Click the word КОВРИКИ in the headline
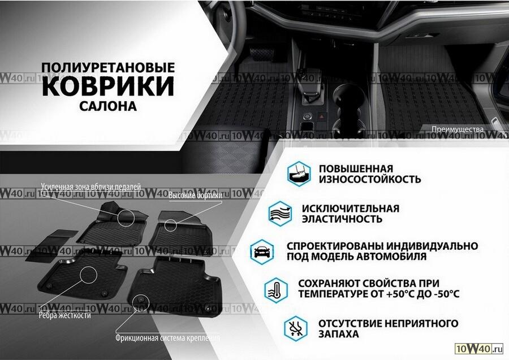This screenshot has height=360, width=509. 108,86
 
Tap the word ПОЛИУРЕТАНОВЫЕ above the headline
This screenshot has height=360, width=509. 108,67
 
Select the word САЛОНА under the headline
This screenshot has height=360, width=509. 108,106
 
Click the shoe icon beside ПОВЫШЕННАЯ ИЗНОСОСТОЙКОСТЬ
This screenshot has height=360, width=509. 299,174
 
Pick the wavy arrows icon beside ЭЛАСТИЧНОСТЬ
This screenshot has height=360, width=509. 281,214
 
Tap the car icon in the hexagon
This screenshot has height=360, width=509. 262,251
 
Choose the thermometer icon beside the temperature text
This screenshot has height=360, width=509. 276,290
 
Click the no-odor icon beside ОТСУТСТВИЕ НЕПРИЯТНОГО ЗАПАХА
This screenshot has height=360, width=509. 295,328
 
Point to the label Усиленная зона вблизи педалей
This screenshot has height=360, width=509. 91,186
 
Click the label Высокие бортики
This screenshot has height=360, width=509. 196,195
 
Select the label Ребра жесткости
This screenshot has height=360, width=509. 65,315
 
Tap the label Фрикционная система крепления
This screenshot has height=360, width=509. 168,338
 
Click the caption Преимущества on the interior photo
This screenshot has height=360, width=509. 458,129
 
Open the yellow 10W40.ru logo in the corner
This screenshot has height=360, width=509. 479,349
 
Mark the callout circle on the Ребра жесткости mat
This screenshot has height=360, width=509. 88,274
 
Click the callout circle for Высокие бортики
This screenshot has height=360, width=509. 170,225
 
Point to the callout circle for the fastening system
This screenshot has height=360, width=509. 141,302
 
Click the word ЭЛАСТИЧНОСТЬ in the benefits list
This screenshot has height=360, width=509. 342,219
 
